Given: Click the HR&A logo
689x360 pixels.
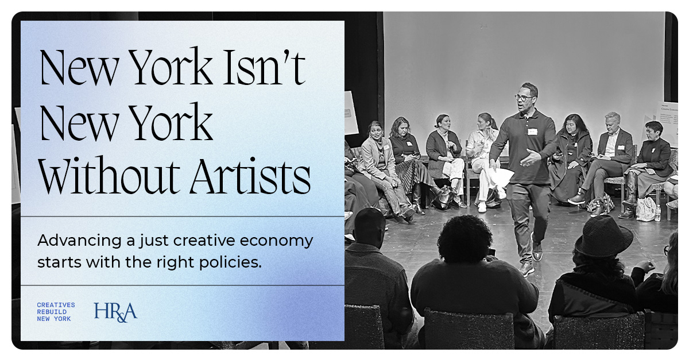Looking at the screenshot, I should point(115,311).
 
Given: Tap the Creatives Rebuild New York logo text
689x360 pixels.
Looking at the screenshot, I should point(56,312).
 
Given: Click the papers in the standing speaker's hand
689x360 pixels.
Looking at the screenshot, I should point(502,176).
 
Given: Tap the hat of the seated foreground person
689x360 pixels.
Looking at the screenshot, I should point(603,236).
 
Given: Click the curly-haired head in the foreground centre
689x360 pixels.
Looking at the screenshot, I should point(465,238).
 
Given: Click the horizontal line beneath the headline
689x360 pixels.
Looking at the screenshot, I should point(183,216).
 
